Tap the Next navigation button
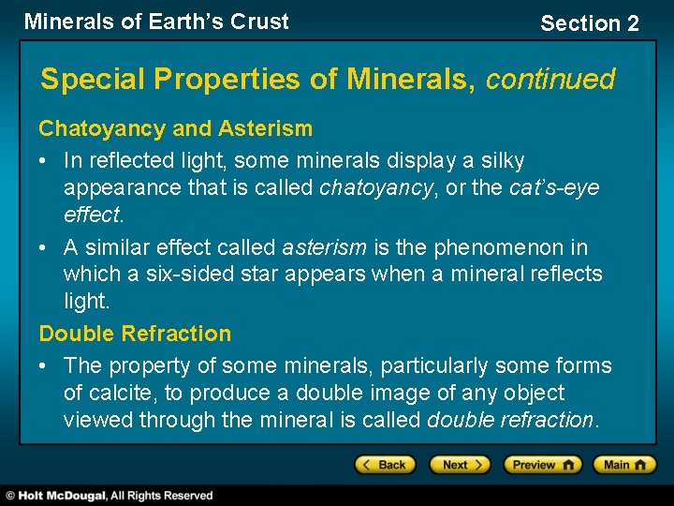point(459,465)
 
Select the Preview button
point(542,465)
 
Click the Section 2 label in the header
point(589,23)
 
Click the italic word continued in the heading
point(549,80)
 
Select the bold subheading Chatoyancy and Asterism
point(175,128)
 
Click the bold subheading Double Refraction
point(135,334)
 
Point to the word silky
point(500,161)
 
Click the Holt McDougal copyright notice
point(109,495)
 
